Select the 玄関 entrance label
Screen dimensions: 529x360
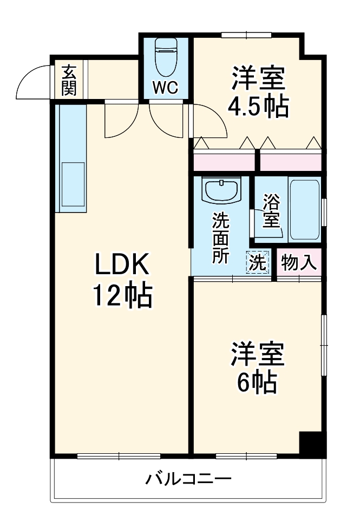coord(69,81)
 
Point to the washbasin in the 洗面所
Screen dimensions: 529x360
coord(221,191)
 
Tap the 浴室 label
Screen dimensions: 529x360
coord(271,211)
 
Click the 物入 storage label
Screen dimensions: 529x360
coord(298,263)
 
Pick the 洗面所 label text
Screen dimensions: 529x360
coord(220,239)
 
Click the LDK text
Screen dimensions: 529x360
coord(122,266)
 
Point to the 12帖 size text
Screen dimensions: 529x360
coord(122,296)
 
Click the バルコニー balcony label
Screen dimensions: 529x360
coord(188,479)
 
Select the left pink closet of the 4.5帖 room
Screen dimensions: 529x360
coord(224,161)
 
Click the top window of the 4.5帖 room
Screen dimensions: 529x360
coord(246,36)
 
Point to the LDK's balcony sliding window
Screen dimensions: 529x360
coord(119,456)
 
